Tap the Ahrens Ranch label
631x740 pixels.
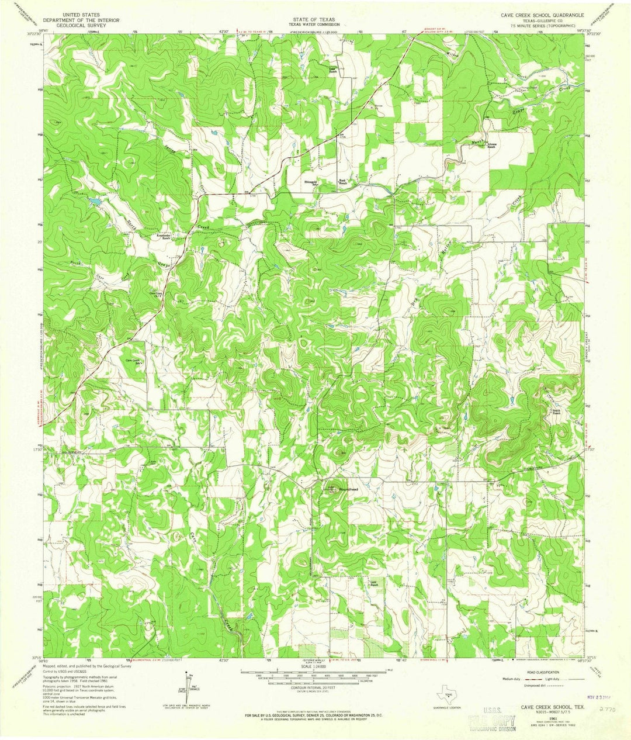tap(488, 147)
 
